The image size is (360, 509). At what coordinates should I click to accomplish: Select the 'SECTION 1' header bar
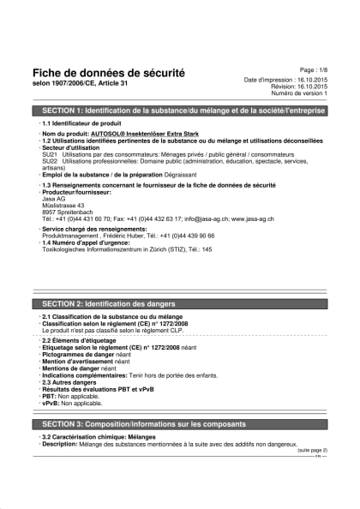tap(180, 111)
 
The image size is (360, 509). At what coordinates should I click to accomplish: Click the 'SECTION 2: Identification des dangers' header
tap(109, 304)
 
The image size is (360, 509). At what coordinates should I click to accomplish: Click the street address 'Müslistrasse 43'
tap(63, 206)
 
